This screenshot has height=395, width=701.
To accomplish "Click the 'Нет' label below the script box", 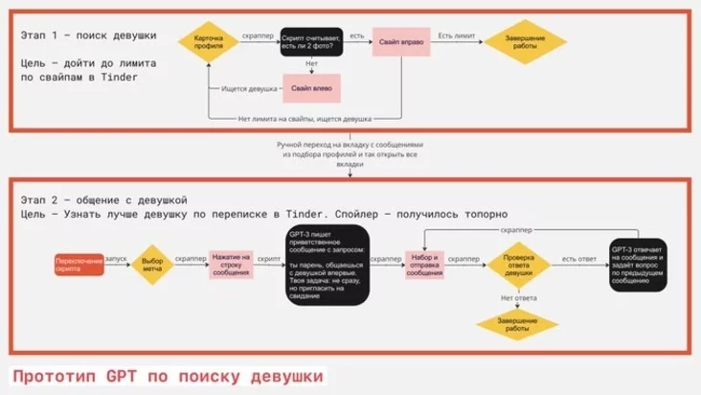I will pyautogui.click(x=311, y=64).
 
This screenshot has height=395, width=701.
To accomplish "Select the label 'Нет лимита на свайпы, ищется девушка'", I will pyautogui.click(x=305, y=119).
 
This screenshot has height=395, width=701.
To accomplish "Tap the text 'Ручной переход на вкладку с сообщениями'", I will pyautogui.click(x=350, y=145).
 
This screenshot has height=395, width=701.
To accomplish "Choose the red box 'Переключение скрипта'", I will pyautogui.click(x=80, y=266).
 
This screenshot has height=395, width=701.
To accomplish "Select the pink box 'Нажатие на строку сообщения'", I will pyautogui.click(x=231, y=265).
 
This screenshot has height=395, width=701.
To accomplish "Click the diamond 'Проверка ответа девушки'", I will pyautogui.click(x=518, y=266).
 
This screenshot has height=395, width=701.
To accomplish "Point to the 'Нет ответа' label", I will pyautogui.click(x=518, y=297).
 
